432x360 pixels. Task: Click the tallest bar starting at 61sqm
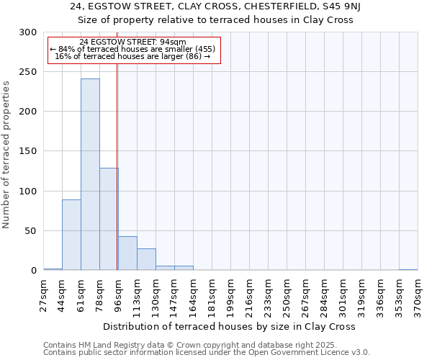pos(90,174)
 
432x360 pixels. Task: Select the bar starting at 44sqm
pos(71,235)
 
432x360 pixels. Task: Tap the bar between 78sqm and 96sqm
pos(109,219)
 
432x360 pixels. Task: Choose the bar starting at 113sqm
pos(146,259)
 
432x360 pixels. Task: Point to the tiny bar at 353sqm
pos(408,269)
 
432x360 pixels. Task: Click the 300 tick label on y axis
pos(28,32)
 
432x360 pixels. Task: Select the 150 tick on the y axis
pos(28,151)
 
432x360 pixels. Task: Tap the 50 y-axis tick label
pos(31,231)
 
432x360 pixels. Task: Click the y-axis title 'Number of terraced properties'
pos(6,154)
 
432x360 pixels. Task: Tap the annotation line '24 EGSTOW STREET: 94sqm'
pos(133,42)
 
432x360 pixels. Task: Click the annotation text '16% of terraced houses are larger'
pos(133,56)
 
